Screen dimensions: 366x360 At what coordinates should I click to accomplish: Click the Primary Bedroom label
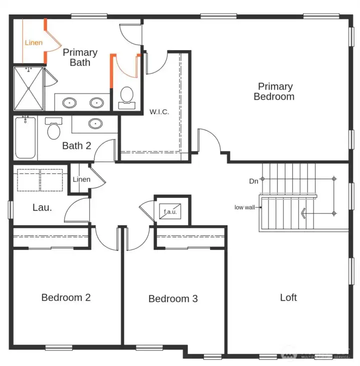pyautogui.click(x=273, y=92)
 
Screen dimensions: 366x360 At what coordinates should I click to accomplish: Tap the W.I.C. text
pyautogui.click(x=159, y=112)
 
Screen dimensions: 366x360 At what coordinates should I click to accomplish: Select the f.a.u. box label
pyautogui.click(x=170, y=212)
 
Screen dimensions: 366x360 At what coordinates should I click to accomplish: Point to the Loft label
pyautogui.click(x=288, y=297)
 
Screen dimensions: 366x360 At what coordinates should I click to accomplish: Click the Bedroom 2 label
pyautogui.click(x=66, y=297)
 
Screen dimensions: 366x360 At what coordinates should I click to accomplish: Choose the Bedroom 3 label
pyautogui.click(x=173, y=299)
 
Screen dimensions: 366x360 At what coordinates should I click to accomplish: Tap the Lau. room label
pyautogui.click(x=42, y=207)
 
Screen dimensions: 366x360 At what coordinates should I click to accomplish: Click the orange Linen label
pyautogui.click(x=33, y=43)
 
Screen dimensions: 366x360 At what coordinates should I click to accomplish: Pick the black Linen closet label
pyautogui.click(x=81, y=179)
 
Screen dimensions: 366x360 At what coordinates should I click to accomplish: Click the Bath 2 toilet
pyautogui.click(x=53, y=130)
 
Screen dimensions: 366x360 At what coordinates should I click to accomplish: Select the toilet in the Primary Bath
pyautogui.click(x=127, y=97)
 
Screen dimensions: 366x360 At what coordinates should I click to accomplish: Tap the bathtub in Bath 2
pyautogui.click(x=25, y=137)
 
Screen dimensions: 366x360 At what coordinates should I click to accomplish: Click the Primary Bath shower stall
pyautogui.click(x=28, y=88)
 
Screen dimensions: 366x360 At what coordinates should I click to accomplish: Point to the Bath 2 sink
pyautogui.click(x=94, y=123)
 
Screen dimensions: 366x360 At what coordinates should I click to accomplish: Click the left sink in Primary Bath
pyautogui.click(x=69, y=103)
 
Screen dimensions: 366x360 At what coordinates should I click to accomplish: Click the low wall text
pyautogui.click(x=245, y=207)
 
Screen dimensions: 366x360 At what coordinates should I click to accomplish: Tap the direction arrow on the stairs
pyautogui.click(x=303, y=214)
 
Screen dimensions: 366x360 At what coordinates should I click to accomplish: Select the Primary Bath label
pyautogui.click(x=80, y=57)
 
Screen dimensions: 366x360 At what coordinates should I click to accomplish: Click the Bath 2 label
pyautogui.click(x=76, y=146)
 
